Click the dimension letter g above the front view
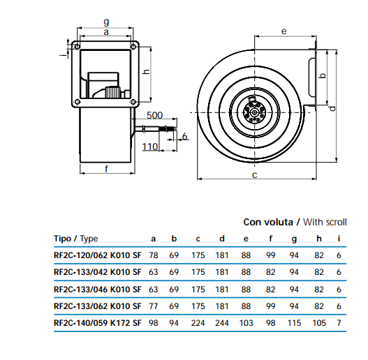pyautogui.click(x=106, y=22)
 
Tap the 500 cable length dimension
pyautogui.click(x=154, y=115)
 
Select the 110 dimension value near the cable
pyautogui.click(x=150, y=147)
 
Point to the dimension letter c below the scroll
pyautogui.click(x=255, y=175)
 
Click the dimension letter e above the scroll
pyautogui.click(x=284, y=31)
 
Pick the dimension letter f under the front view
pyautogui.click(x=107, y=169)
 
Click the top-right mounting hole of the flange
pyautogui.click(x=133, y=47)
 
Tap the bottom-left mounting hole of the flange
pyautogui.click(x=77, y=102)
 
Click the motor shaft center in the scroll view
pyautogui.click(x=255, y=112)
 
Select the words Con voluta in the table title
pyautogui.click(x=268, y=222)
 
